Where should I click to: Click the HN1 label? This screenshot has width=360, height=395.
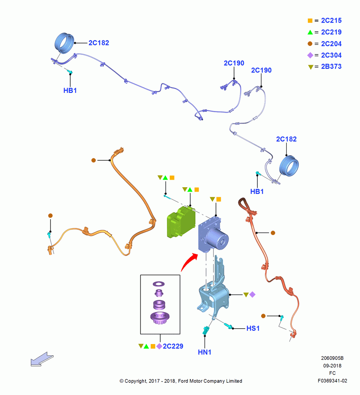coord(204,352)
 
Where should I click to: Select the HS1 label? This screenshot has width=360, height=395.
coord(253,328)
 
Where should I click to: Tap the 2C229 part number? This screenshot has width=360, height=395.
coord(173,346)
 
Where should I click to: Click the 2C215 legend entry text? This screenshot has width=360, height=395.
coord(331,21)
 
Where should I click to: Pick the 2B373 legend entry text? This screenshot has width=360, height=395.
coord(331,66)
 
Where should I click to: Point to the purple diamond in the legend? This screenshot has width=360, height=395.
coord(310,55)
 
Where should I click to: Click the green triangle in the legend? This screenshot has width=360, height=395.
coord(310,32)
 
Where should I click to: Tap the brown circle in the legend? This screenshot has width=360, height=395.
coord(310,43)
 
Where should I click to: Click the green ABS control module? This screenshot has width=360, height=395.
coord(181,222)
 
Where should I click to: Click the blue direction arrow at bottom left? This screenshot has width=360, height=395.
coord(42,359)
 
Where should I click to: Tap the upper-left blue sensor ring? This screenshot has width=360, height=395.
coord(64,43)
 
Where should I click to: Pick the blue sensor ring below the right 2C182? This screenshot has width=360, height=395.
coord(289,166)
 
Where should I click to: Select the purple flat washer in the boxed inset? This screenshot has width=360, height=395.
coord(159,284)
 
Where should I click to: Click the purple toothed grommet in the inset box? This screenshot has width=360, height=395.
coord(160,318)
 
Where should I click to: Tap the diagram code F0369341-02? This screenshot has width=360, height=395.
coord(332,381)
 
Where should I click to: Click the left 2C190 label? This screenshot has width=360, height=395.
coord(234,63)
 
